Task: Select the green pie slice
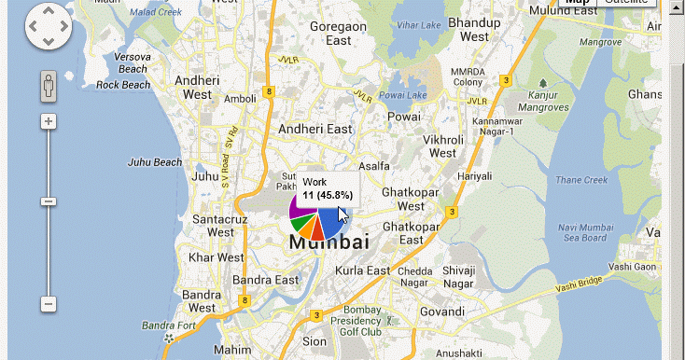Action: pos(298,223)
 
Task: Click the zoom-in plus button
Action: pos(49,121)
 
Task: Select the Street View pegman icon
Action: pos(49,88)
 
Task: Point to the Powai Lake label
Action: pos(401,95)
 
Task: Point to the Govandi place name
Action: pos(442,312)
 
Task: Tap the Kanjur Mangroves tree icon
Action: pos(543,84)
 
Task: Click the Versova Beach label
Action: pos(133,62)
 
